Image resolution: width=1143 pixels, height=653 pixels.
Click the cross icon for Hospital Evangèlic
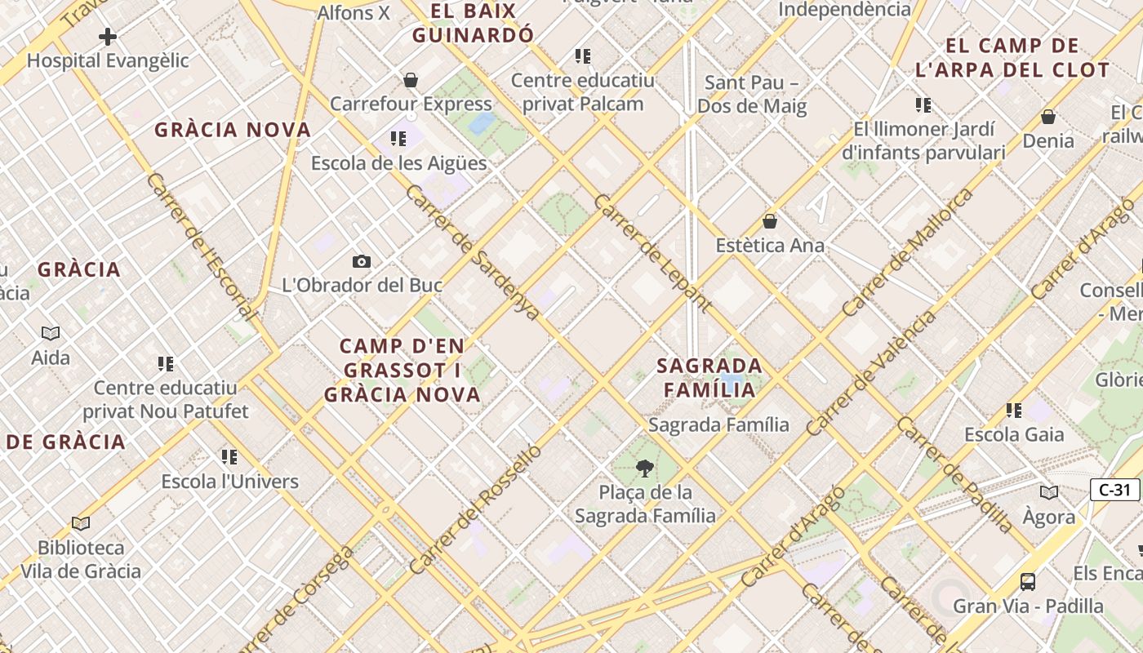[x=107, y=37]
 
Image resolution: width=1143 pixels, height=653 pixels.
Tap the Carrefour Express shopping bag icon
[x=411, y=80]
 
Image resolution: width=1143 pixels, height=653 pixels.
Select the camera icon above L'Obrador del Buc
[x=362, y=261]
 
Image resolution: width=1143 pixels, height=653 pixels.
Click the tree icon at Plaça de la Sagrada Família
[x=645, y=469]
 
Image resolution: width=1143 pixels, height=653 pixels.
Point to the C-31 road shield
[x=1114, y=490]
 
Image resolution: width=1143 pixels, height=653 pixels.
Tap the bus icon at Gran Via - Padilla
[x=1028, y=582]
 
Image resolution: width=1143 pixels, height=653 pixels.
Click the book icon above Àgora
[x=1049, y=492]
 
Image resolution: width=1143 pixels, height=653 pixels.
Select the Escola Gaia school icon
[x=1014, y=411]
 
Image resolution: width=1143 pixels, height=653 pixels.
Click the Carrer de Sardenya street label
[x=473, y=252]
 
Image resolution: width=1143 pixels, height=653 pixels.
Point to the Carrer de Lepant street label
[x=653, y=253]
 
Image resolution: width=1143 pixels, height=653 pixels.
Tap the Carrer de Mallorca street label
[x=908, y=252]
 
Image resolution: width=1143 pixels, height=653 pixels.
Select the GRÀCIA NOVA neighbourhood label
[x=233, y=130]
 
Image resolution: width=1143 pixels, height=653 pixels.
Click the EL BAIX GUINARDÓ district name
[x=474, y=23]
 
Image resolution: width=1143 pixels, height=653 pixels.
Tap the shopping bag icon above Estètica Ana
[x=769, y=221]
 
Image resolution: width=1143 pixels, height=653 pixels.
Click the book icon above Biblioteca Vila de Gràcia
[x=81, y=523]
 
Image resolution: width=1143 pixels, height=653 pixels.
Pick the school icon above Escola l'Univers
[x=229, y=457]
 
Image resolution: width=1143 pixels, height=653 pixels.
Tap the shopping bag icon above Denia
[x=1048, y=117]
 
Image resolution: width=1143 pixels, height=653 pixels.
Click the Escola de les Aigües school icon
[x=398, y=139]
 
